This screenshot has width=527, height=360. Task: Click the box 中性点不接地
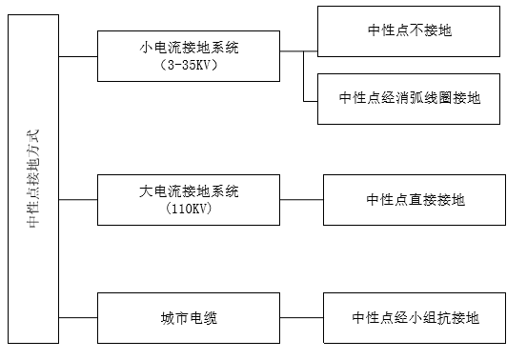coord(411,30)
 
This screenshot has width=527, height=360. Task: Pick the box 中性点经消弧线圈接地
coord(411,98)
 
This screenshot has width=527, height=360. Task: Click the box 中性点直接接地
coord(415,199)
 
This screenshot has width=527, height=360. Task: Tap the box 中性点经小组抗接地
coord(415,317)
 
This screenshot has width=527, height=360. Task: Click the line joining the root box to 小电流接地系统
coord(78,55)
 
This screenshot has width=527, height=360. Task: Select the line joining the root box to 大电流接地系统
coord(78,199)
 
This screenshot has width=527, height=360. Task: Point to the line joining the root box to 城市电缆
coord(78,317)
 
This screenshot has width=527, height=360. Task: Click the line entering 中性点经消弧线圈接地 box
coord(311,98)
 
